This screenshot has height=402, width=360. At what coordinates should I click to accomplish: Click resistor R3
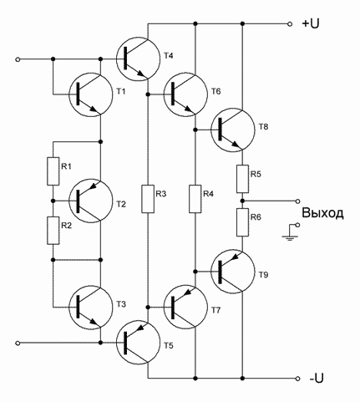(x=148, y=199)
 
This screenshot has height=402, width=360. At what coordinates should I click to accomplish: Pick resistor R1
(x=53, y=171)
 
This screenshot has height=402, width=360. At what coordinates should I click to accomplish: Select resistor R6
(x=242, y=222)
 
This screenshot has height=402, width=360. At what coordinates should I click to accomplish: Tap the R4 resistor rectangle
(x=195, y=199)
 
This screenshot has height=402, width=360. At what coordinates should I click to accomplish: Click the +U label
(x=311, y=24)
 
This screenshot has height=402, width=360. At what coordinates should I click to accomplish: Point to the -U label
(x=316, y=379)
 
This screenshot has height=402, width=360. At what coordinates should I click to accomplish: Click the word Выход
(x=322, y=213)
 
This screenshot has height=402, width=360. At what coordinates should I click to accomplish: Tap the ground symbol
(x=290, y=237)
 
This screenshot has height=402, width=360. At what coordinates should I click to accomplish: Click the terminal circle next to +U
(x=290, y=24)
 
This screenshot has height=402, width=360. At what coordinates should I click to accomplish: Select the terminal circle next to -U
(x=298, y=379)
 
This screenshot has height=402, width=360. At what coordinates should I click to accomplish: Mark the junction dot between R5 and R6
(x=242, y=201)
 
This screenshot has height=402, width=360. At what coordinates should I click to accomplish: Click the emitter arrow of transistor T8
(x=236, y=145)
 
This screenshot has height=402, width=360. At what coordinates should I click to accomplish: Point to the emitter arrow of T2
(x=94, y=185)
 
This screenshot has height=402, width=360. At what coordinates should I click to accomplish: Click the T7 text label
(x=215, y=310)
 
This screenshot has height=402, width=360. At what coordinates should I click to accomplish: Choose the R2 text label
(x=66, y=226)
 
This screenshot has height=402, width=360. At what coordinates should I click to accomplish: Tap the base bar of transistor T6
(x=173, y=94)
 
